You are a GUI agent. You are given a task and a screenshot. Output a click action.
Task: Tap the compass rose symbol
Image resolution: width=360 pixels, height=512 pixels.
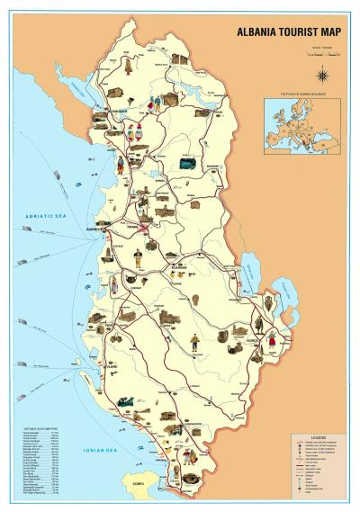pyautogui.click(x=321, y=75)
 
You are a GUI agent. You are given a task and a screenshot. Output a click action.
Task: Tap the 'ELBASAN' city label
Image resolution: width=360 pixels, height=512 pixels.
pyautogui.click(x=180, y=267)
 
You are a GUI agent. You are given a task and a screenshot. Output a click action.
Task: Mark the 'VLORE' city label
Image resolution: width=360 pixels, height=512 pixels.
pyautogui.click(x=110, y=367)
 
